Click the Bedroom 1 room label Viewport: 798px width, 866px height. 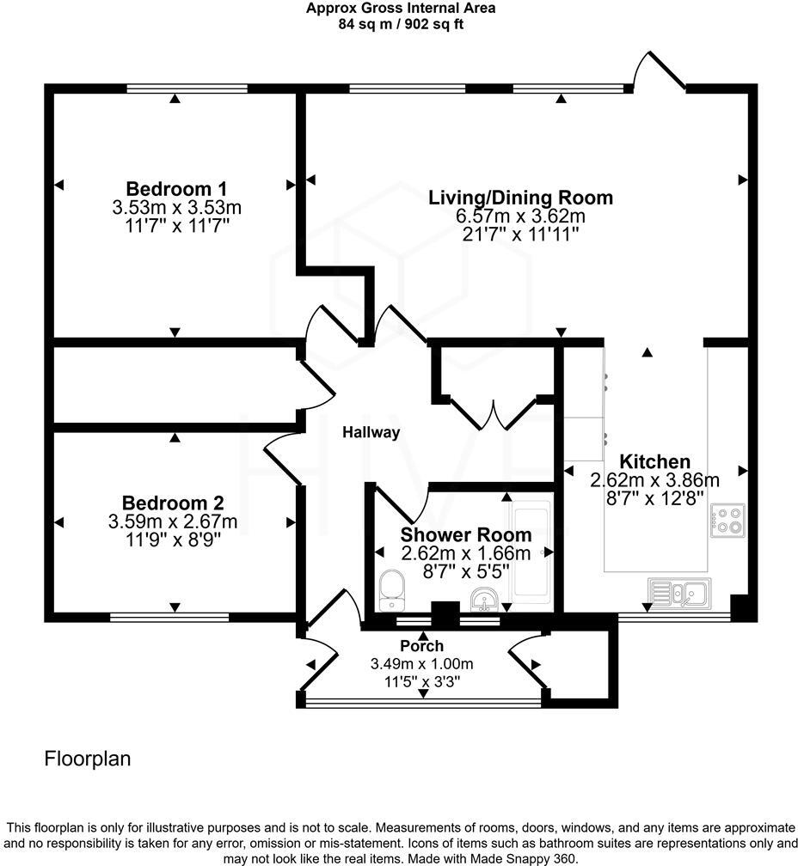click(x=176, y=189)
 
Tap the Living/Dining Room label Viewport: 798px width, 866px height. click(x=520, y=198)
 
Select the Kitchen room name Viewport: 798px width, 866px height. click(x=655, y=461)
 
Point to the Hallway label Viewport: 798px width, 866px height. click(x=371, y=432)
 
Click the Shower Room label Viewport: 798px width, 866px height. click(x=465, y=534)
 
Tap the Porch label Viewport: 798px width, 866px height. click(x=421, y=646)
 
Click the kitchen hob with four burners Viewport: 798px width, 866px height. click(x=727, y=521)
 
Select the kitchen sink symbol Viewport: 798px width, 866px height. click(x=679, y=592)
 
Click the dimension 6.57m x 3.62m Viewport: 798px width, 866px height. click(x=520, y=216)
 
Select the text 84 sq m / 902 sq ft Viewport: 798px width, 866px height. click(x=401, y=24)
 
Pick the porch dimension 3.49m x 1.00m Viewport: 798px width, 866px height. click(x=421, y=664)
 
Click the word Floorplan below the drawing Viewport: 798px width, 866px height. click(x=87, y=759)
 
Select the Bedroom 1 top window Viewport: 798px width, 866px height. click(x=187, y=88)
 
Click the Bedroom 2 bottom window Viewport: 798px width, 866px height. click(x=169, y=616)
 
